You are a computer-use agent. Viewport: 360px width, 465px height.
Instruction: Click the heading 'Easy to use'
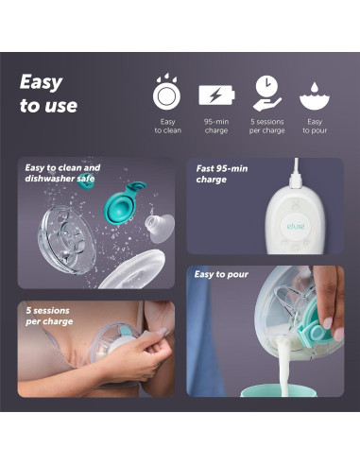tap(48, 94)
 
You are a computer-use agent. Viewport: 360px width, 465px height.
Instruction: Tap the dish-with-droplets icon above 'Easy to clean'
tap(166, 92)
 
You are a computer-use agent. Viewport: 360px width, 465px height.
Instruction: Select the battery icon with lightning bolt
tap(216, 95)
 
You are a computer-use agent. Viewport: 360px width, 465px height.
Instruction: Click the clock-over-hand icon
tap(266, 93)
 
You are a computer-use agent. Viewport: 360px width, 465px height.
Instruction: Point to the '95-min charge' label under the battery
tap(216, 126)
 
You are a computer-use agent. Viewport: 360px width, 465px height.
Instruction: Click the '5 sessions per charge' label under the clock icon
tap(267, 126)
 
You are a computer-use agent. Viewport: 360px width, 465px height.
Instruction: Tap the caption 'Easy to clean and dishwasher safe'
tap(62, 173)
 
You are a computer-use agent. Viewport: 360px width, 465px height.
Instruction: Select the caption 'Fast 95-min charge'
tap(222, 174)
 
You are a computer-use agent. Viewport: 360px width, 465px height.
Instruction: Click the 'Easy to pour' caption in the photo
tap(221, 274)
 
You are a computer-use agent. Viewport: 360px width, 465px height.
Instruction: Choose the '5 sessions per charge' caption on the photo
tap(49, 316)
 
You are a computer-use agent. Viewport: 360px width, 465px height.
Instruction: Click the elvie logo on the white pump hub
tap(296, 226)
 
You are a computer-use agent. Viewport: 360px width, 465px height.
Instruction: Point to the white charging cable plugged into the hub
tap(296, 173)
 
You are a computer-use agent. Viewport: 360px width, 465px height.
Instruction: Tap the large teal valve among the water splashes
tap(124, 202)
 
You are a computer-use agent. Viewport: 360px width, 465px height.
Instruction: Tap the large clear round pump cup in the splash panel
tap(67, 239)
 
